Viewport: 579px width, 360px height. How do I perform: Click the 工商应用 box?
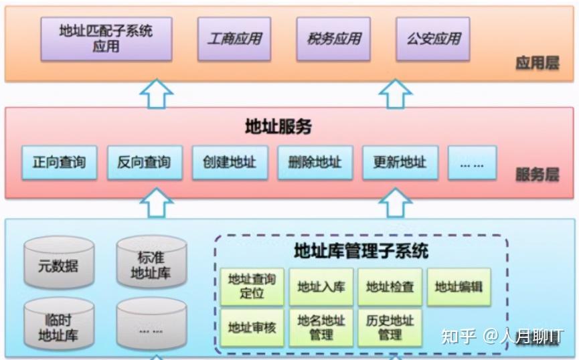(234, 38)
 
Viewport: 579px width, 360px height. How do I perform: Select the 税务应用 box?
(334, 38)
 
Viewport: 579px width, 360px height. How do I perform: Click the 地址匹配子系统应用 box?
(106, 38)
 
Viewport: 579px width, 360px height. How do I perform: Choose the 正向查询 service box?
(59, 162)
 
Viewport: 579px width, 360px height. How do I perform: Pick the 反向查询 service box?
(144, 162)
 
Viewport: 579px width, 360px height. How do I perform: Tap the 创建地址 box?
(230, 162)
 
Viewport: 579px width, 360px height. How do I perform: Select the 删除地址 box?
(315, 162)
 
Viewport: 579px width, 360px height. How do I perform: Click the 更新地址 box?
(400, 162)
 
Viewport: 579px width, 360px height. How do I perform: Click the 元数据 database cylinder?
(59, 264)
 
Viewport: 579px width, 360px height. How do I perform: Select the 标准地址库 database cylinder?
(151, 264)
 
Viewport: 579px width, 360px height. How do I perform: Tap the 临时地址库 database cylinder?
(59, 325)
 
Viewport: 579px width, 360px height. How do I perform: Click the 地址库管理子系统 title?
(361, 252)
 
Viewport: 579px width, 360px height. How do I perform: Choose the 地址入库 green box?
(321, 287)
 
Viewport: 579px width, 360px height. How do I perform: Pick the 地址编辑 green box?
(459, 287)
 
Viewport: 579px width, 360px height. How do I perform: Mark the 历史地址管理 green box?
(390, 327)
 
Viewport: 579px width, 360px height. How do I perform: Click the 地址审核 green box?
(252, 327)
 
